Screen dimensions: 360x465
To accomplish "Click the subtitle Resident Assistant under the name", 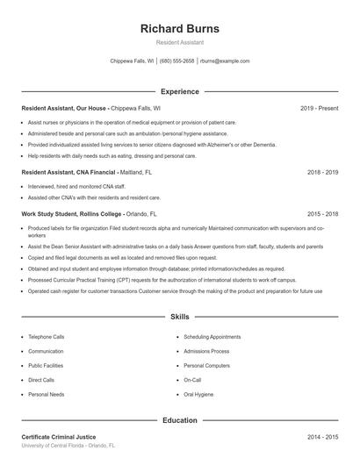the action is click(180, 42).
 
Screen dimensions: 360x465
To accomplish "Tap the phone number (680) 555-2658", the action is click(176, 61).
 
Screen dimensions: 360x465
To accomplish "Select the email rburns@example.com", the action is click(225, 61).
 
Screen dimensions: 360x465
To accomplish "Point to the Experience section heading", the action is click(180, 91).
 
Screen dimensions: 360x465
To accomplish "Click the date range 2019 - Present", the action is click(319, 108).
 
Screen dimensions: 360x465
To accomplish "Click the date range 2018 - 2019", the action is click(322, 173).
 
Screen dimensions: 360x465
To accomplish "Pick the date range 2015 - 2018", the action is click(322, 213).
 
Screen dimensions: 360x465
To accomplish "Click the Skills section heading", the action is click(180, 316).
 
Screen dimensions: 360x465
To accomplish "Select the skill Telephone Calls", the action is click(47, 336).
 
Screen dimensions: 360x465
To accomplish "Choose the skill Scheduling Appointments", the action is click(212, 336).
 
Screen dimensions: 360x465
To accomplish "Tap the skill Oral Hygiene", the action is click(198, 395).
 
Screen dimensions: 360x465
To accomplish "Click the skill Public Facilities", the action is click(46, 365).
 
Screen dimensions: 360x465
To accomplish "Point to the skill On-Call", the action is click(192, 380).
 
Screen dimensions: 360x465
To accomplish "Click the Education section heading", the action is click(180, 420).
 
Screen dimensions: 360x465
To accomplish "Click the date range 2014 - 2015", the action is click(322, 437).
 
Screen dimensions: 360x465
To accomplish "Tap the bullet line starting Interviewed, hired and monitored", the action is click(77, 187).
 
